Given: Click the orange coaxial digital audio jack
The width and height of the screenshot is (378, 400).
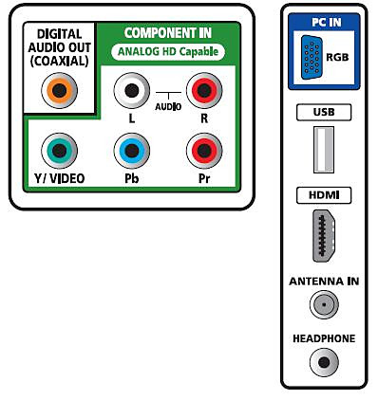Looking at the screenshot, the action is (59, 91).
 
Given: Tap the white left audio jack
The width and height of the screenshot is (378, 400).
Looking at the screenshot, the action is (132, 91).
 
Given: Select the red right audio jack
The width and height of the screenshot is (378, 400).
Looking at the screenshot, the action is (204, 91).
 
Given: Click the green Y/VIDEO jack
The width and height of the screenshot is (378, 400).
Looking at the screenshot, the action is (59, 151).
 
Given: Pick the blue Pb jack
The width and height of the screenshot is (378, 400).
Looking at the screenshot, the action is (132, 151).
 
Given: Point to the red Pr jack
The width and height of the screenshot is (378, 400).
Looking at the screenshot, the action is (204, 151).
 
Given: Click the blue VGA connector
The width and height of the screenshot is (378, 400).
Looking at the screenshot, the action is (312, 57).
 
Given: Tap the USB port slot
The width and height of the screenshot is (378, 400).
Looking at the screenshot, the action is (324, 150).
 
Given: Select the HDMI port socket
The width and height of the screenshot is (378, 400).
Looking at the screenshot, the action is (324, 235).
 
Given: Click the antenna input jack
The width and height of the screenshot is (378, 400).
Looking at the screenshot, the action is (324, 304).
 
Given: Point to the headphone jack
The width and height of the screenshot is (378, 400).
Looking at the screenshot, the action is (324, 362).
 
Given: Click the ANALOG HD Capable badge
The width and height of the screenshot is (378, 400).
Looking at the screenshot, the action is (168, 51).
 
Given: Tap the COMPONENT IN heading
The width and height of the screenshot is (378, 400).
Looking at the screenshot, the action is (168, 33).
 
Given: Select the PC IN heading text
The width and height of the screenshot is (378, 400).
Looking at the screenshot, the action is (327, 22).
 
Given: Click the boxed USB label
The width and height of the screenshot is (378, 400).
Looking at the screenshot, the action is (324, 112).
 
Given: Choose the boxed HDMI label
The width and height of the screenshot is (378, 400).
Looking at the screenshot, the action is (324, 195).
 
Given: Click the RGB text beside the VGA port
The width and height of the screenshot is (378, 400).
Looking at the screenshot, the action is (337, 57).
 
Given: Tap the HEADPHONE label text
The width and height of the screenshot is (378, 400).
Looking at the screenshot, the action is (324, 338).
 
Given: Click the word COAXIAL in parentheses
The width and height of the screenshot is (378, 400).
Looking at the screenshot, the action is (59, 61).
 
